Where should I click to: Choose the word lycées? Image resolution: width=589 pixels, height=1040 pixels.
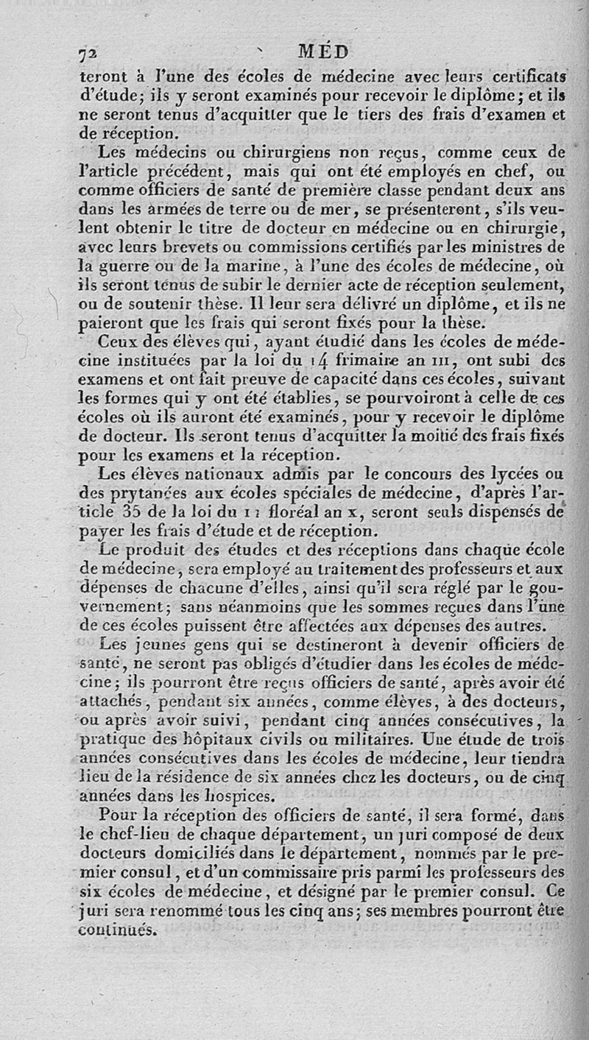[493, 473]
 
